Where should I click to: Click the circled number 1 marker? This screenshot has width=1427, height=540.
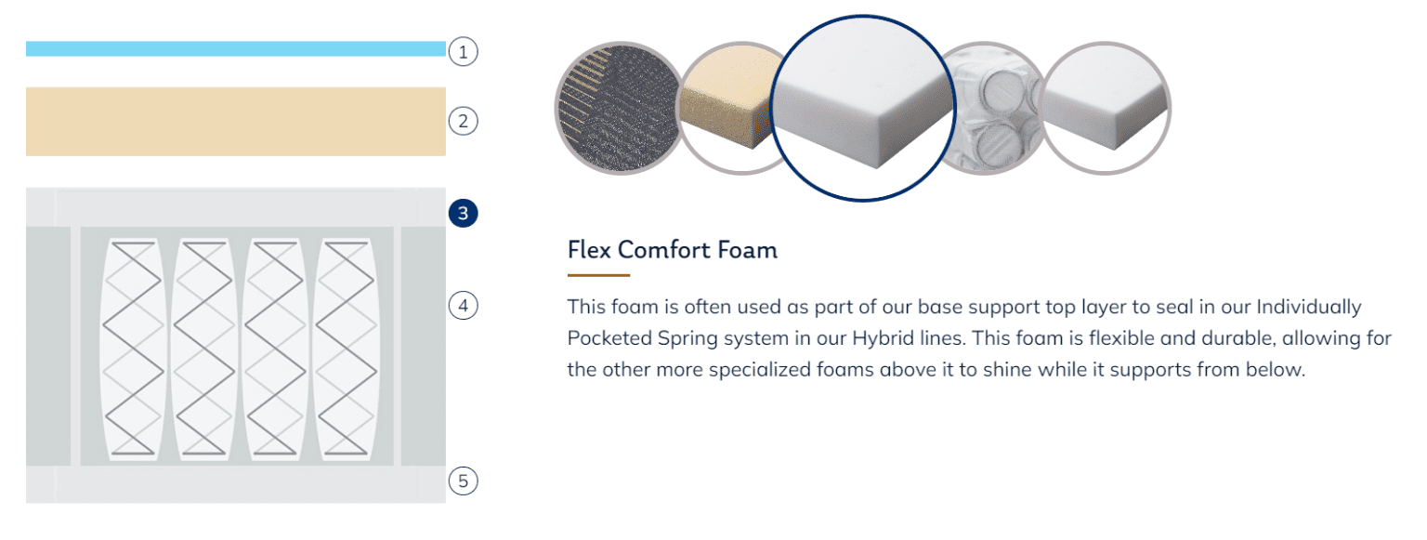click(x=464, y=52)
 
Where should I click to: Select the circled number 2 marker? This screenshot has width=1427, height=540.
click(x=464, y=121)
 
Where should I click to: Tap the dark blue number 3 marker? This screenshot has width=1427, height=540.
click(x=464, y=213)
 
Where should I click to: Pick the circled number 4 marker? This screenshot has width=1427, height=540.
click(x=464, y=306)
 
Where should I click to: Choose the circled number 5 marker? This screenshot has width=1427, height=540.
click(x=464, y=481)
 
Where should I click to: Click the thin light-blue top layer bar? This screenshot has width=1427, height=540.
click(x=236, y=48)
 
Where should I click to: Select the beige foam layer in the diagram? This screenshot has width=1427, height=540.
click(x=236, y=121)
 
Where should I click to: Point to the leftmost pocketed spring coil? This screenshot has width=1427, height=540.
click(x=133, y=349)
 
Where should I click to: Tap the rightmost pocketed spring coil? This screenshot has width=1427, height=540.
click(x=346, y=349)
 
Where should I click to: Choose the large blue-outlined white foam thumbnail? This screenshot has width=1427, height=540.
click(x=862, y=109)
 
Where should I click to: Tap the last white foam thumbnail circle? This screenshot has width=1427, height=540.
click(x=1106, y=109)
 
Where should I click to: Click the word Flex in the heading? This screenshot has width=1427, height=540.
click(x=589, y=250)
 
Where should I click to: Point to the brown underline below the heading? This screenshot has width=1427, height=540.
click(x=599, y=275)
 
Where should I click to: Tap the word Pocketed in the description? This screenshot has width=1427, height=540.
click(x=609, y=338)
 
